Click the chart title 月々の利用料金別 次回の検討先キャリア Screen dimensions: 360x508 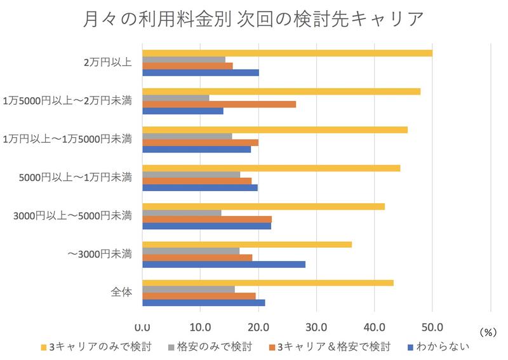[253, 20]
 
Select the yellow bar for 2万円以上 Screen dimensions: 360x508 [287, 53]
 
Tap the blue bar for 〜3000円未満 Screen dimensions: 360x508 [224, 264]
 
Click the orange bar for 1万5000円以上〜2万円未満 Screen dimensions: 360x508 [219, 103]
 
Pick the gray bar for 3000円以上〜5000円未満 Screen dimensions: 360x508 [182, 212]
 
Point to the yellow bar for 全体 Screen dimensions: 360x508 [267, 283]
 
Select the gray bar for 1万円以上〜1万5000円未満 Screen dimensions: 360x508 [187, 137]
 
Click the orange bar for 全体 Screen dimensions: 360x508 [199, 295]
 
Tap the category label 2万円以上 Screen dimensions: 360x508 [107, 62]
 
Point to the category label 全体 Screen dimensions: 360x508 [120, 293]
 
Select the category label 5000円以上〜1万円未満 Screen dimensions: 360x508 [76, 177]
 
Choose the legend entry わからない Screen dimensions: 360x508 [442, 347]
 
